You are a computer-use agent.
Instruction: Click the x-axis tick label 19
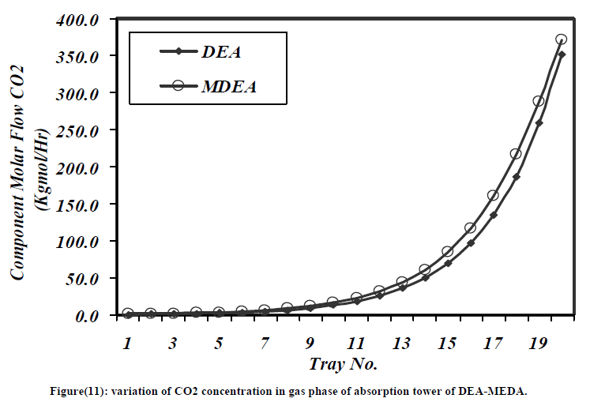[x=539, y=344]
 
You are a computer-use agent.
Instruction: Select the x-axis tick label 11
[x=355, y=344]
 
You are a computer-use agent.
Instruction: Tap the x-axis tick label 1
[x=127, y=344]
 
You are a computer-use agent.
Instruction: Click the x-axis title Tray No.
[x=344, y=364]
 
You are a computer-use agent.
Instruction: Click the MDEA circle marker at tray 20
[x=562, y=39]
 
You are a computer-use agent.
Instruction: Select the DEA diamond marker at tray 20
[x=562, y=54]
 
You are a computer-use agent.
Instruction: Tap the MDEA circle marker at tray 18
[x=516, y=153]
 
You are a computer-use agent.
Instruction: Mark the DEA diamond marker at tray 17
[x=493, y=215]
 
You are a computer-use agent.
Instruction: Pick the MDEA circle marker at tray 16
[x=470, y=228]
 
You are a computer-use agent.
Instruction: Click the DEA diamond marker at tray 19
[x=539, y=122]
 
